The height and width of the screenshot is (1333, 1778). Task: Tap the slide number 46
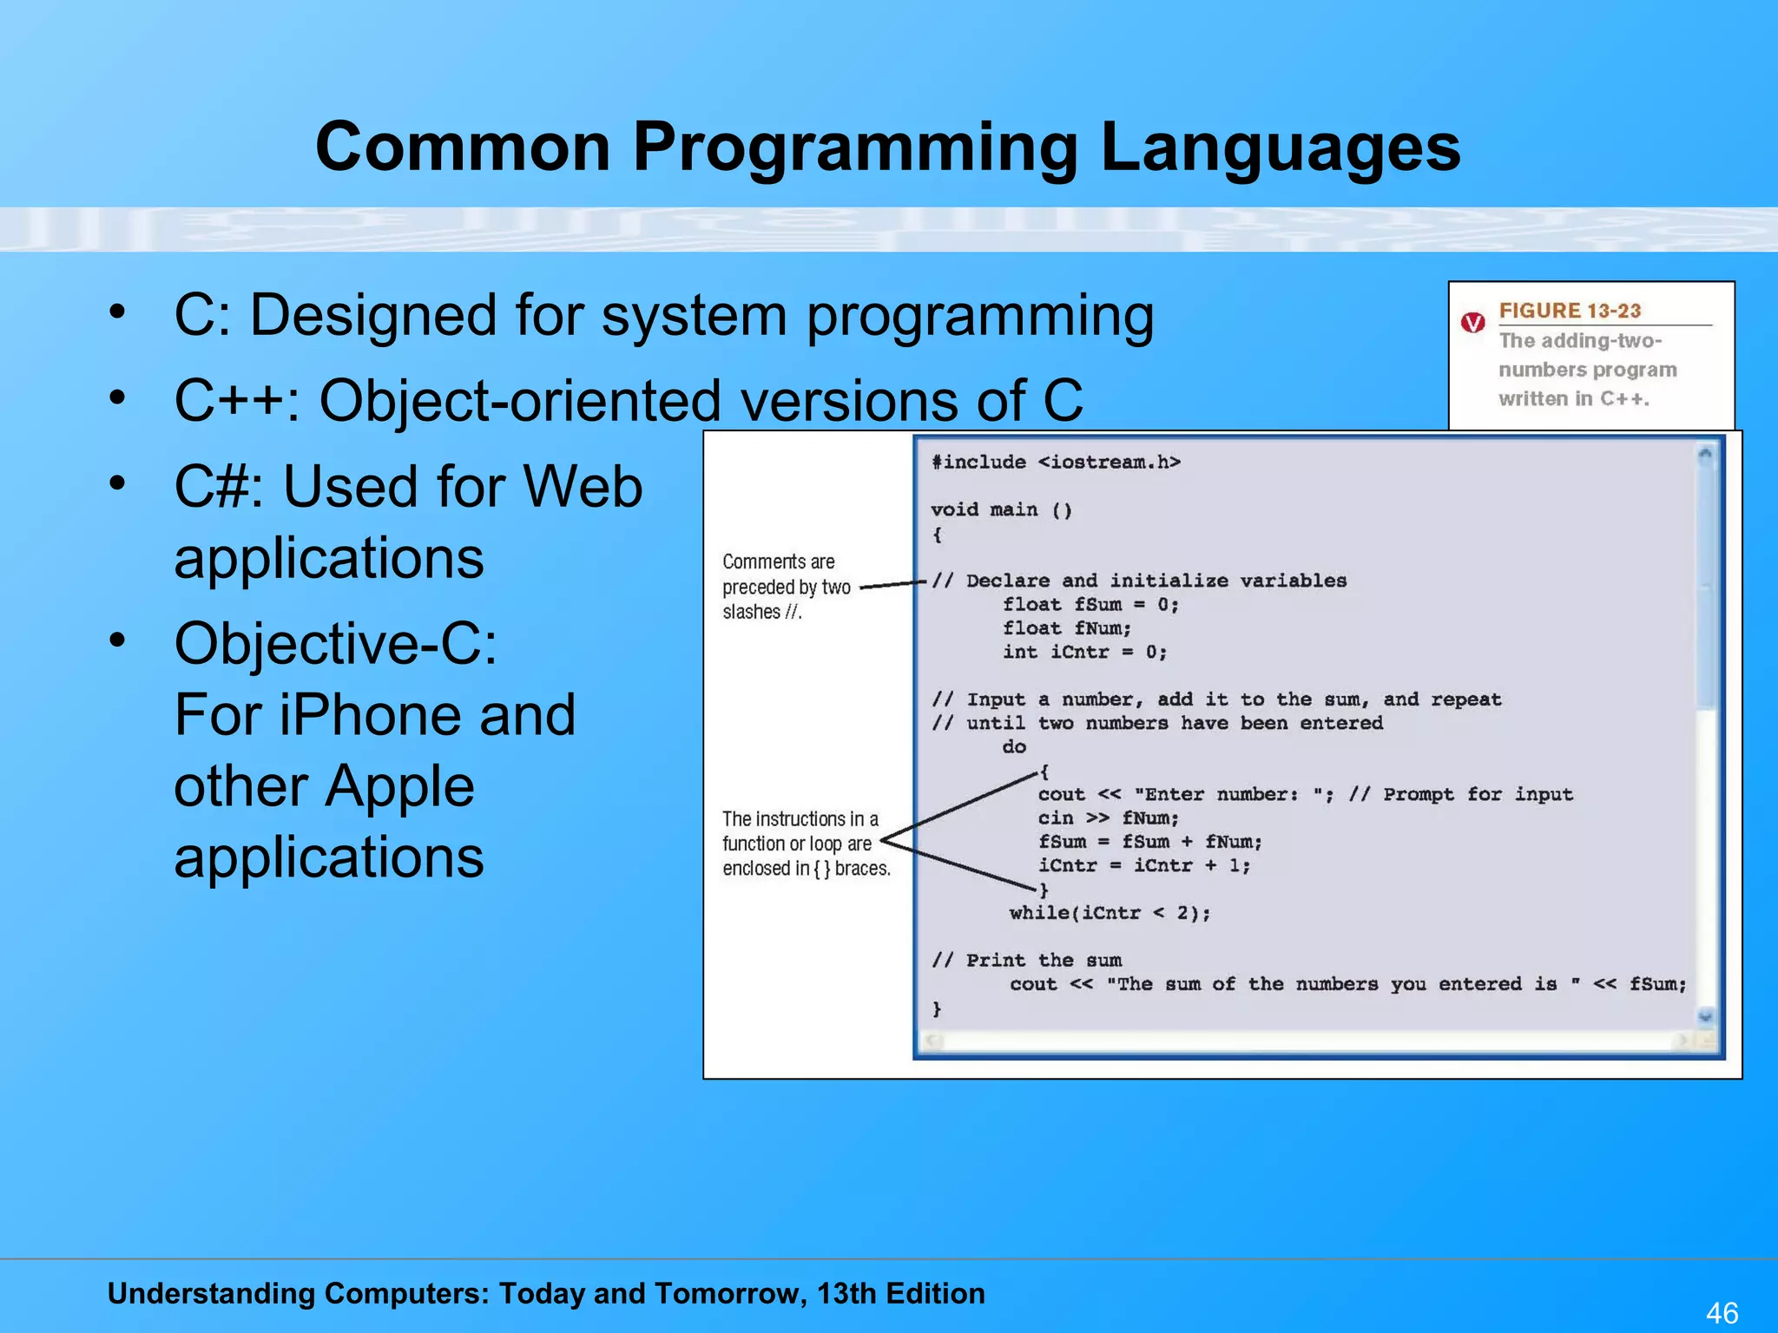point(1722,1312)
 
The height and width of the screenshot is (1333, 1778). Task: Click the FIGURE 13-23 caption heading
point(1570,311)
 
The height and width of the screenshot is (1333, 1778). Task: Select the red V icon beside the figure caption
point(1473,323)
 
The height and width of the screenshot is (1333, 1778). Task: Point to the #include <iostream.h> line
point(1056,463)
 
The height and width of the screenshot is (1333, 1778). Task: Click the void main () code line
point(1001,510)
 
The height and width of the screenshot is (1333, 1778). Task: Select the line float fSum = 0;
point(1090,605)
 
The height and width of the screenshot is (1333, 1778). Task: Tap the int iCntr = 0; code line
point(1084,653)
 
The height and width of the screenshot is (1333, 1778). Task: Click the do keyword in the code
point(1014,747)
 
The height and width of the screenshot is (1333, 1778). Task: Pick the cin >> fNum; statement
point(1108,818)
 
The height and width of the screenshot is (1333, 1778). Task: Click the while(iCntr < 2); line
point(1110,913)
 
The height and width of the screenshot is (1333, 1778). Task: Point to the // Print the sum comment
point(1027,961)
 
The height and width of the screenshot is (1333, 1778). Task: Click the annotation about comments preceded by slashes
point(786,587)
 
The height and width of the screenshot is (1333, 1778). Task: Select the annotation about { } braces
point(806,844)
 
